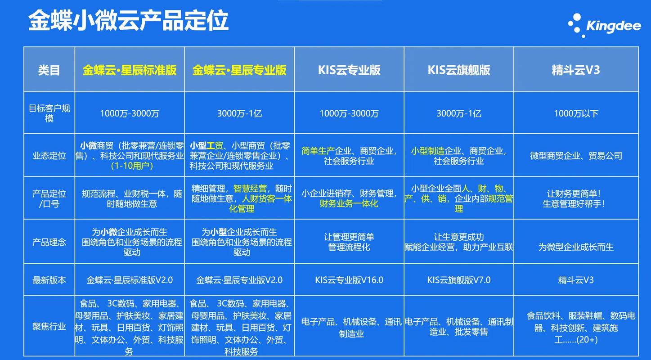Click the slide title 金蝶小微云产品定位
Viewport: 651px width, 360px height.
(x=129, y=22)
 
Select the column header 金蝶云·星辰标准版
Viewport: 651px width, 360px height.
(x=130, y=70)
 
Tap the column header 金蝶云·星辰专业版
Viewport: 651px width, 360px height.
(x=239, y=70)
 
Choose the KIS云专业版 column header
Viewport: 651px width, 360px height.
(x=349, y=70)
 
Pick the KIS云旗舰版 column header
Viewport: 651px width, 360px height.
(x=459, y=70)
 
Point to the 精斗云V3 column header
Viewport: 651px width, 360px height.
(x=576, y=70)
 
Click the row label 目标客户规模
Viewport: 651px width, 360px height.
(x=49, y=113)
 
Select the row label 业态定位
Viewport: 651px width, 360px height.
(x=49, y=156)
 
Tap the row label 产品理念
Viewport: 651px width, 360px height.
(x=49, y=242)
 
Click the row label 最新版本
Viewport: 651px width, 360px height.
(x=49, y=280)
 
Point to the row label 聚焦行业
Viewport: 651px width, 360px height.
(x=49, y=327)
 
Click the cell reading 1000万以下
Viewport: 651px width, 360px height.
(x=576, y=114)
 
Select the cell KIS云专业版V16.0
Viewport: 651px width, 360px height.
(x=349, y=280)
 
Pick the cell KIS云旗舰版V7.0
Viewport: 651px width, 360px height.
(x=459, y=280)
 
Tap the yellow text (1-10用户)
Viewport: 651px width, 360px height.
(x=132, y=166)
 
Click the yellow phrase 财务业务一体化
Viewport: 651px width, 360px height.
(x=349, y=204)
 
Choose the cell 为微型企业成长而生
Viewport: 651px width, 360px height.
(x=576, y=247)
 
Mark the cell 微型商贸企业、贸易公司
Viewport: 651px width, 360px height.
(x=576, y=156)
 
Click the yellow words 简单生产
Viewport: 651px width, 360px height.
(x=318, y=151)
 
